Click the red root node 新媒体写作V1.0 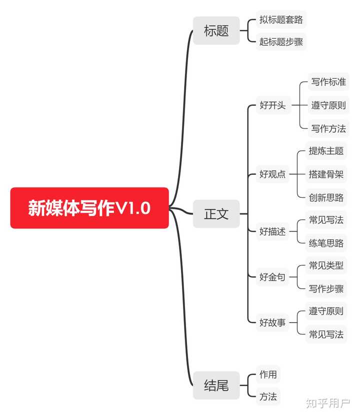tap(89, 208)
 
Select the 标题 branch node tap(216, 30)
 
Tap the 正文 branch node tap(216, 214)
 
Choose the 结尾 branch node tap(216, 385)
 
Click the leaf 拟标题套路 tap(281, 20)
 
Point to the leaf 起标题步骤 tap(281, 41)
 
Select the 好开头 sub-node tap(272, 105)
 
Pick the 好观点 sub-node tap(272, 174)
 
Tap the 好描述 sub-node tap(272, 231)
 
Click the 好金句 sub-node tap(272, 277)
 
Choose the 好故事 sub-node tap(272, 323)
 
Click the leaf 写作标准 tap(328, 82)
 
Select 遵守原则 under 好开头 tap(328, 105)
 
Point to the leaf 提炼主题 tap(326, 151)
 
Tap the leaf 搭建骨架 tap(326, 174)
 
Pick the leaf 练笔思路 tap(326, 243)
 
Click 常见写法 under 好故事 tap(326, 334)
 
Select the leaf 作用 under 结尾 tap(268, 374)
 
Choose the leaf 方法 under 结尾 tap(268, 397)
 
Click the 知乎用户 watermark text tap(328, 402)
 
